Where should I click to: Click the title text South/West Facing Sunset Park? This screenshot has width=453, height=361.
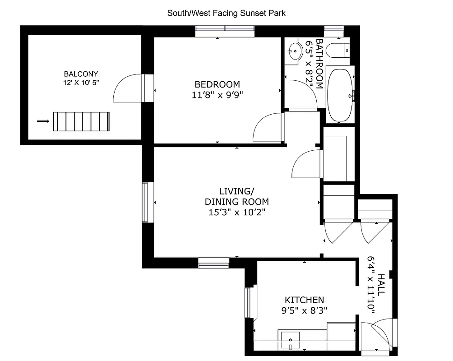click(226, 13)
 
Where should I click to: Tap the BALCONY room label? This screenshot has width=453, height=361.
click(81, 74)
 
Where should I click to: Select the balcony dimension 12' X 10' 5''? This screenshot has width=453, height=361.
click(81, 83)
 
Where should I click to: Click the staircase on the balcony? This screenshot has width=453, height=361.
click(82, 121)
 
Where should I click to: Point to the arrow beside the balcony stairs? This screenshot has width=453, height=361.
click(43, 121)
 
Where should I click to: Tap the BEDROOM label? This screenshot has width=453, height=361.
click(217, 84)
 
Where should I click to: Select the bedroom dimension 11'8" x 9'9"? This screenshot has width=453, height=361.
click(217, 95)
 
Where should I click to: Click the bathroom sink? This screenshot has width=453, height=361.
click(295, 51)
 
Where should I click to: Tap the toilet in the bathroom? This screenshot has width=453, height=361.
click(337, 50)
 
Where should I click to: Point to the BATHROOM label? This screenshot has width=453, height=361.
click(319, 64)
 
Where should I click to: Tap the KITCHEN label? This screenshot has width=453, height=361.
click(304, 300)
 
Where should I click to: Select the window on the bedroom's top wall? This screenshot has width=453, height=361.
click(225, 31)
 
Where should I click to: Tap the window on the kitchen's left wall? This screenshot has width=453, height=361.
click(248, 303)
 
